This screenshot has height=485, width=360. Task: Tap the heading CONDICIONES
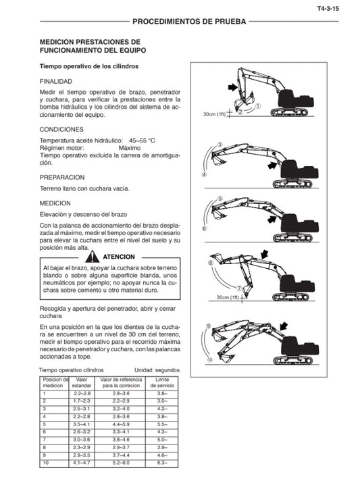(61, 129)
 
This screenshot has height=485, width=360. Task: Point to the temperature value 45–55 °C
(138, 140)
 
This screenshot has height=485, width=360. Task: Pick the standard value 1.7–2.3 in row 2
(82, 401)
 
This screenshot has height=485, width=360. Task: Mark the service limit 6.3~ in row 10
(162, 462)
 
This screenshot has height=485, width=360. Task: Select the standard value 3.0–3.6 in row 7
(82, 439)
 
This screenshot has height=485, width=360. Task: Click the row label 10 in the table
(45, 462)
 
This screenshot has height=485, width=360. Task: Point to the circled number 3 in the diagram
(219, 145)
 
